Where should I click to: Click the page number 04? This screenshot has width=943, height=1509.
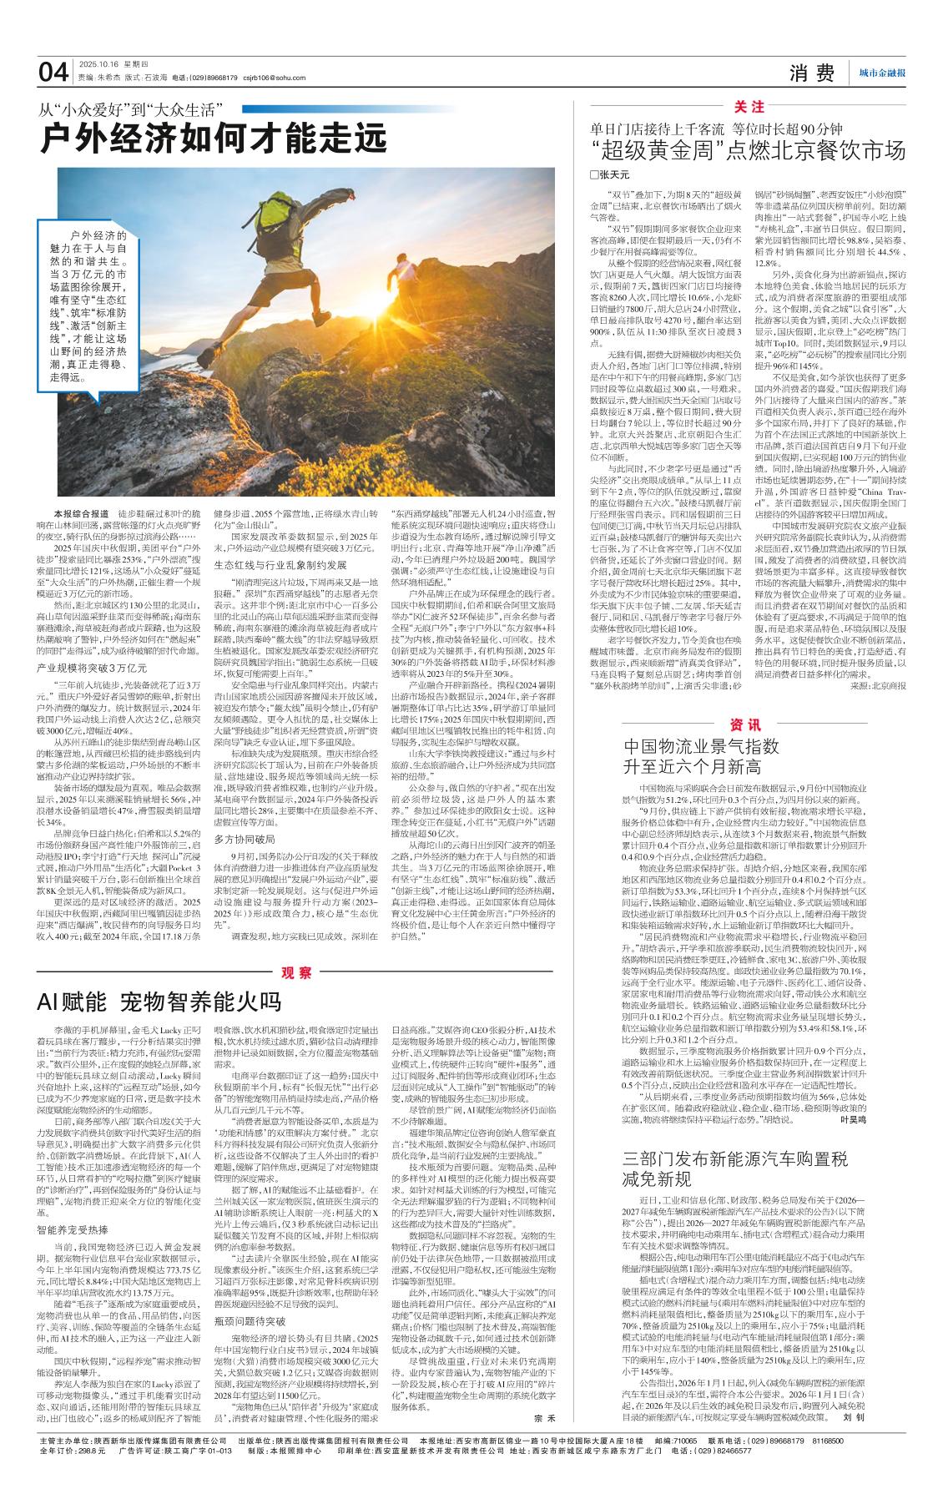[x=53, y=73]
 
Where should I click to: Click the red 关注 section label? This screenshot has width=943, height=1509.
[x=749, y=108]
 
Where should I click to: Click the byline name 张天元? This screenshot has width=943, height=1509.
[x=613, y=174]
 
